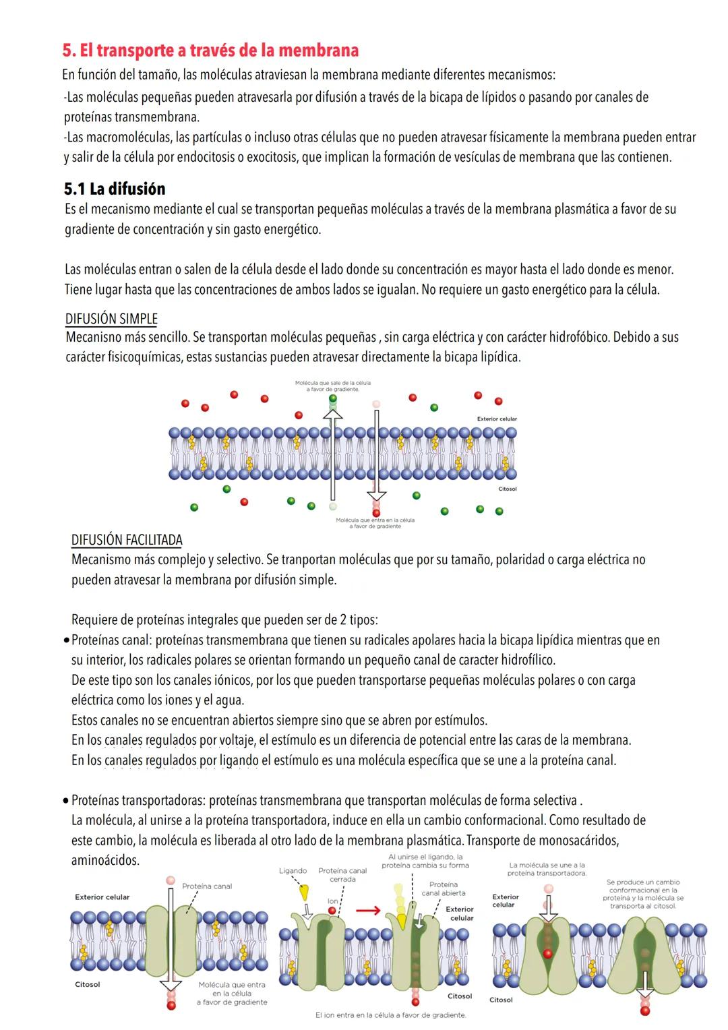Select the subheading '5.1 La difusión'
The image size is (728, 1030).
(115, 189)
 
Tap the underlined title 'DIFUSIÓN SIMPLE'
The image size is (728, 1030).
(111, 319)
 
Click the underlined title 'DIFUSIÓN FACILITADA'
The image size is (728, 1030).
(127, 540)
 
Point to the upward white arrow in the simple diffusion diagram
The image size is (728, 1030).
(332, 458)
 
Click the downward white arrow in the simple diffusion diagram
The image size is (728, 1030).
(376, 458)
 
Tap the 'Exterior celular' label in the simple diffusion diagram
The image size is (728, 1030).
(497, 419)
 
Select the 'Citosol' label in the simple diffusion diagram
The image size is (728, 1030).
(507, 489)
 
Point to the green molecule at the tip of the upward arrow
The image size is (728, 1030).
(332, 398)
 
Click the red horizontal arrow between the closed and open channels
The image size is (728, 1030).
(368, 911)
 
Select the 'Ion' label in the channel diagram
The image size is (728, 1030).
(332, 901)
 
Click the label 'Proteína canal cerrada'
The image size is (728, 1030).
(342, 874)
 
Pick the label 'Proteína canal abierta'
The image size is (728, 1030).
(443, 888)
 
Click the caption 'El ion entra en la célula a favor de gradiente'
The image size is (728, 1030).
(390, 1014)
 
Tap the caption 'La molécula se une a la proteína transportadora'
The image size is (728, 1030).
(547, 869)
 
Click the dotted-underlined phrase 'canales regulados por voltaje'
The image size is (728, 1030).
(179, 740)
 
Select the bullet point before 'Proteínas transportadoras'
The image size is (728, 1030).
(65, 801)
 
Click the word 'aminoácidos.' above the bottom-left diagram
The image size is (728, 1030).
(105, 861)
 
